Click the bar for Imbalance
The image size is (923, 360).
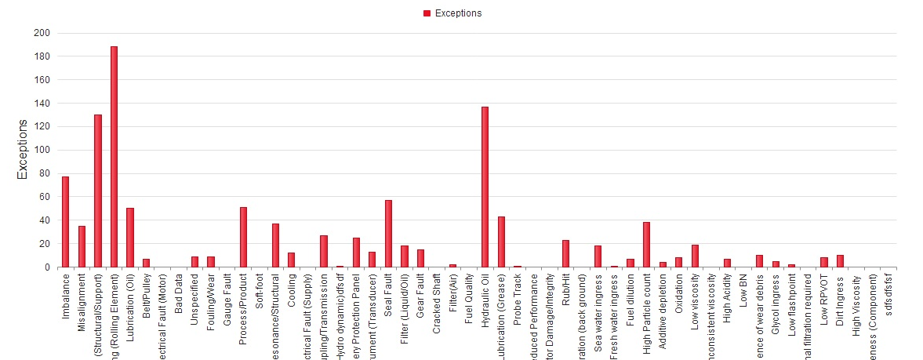click(x=66, y=222)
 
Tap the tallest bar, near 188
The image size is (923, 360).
click(x=114, y=157)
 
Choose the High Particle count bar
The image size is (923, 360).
click(x=646, y=245)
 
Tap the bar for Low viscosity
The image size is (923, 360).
click(x=695, y=256)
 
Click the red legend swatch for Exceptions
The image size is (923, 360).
click(x=427, y=13)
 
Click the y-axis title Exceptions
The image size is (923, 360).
click(x=23, y=150)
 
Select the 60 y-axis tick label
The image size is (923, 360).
click(x=44, y=197)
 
